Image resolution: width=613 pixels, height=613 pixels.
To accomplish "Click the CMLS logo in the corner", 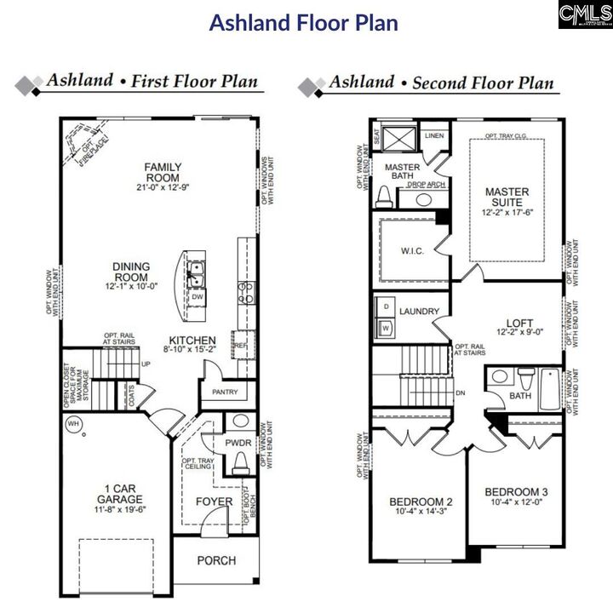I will coord(585,14).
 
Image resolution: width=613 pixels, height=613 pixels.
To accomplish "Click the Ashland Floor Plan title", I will coord(304,22).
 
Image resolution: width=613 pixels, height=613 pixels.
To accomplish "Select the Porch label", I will coord(216,561).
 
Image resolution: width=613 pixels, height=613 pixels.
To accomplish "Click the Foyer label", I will coord(215,501).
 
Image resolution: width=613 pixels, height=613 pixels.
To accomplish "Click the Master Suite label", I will coord(507,198).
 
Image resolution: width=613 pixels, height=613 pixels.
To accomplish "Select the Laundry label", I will coord(419,312).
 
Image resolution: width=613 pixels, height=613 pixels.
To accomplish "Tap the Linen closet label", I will coord(434,136).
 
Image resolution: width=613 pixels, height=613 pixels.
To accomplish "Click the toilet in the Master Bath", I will coord(383,196).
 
